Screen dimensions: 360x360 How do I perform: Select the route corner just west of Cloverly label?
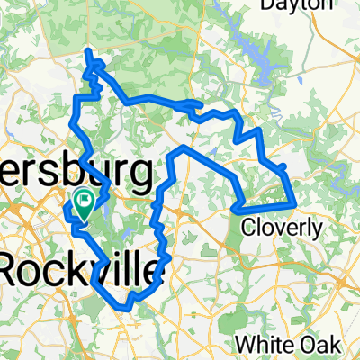tap(236, 210)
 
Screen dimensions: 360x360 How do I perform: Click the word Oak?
tap(325, 345)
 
